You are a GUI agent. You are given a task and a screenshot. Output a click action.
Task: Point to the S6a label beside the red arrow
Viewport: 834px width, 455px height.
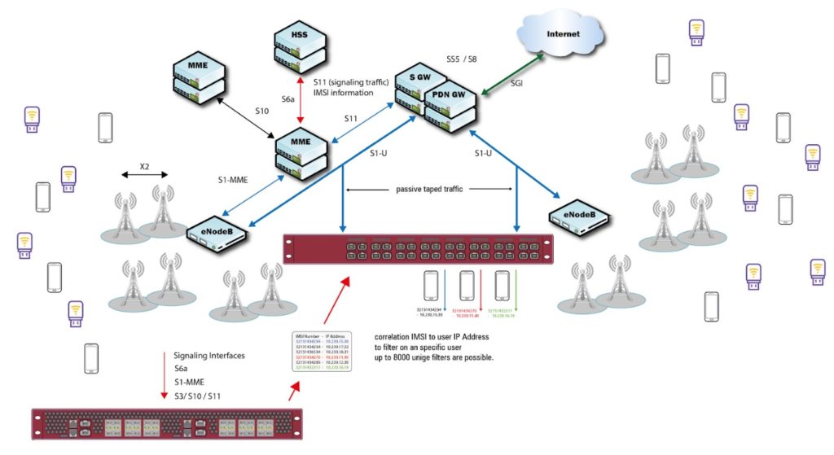[x=288, y=98]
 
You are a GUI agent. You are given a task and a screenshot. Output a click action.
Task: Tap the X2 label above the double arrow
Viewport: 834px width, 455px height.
[x=144, y=166]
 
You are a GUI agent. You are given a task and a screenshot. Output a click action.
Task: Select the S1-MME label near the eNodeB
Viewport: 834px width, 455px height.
[x=233, y=178]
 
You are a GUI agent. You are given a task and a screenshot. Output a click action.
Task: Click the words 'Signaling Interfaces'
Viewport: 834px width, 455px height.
[x=208, y=357]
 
